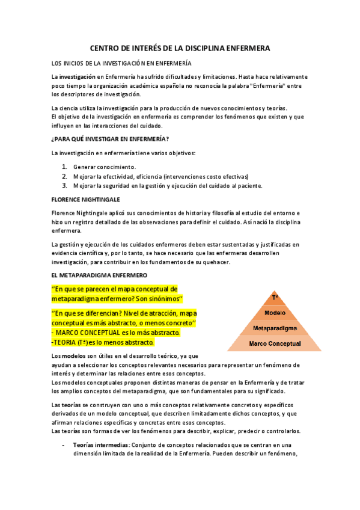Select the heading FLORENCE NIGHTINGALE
85,198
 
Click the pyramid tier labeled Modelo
275,313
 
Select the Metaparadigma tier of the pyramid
275,328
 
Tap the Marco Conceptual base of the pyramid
275,343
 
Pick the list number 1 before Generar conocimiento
65,166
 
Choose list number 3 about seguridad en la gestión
65,185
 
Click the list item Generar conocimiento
105,166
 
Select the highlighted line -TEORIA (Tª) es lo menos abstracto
103,342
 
